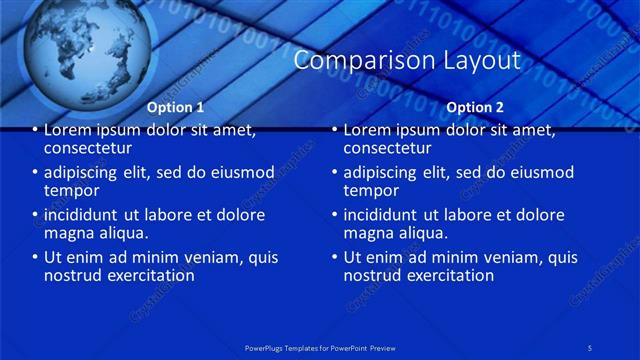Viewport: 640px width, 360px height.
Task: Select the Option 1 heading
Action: (175, 107)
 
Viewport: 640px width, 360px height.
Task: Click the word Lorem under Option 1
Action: (69, 130)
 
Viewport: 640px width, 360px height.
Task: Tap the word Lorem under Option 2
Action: (369, 130)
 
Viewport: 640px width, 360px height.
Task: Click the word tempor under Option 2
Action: (371, 190)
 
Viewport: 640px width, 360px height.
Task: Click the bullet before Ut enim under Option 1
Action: (34, 258)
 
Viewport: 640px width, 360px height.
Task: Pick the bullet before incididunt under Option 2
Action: (334, 215)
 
